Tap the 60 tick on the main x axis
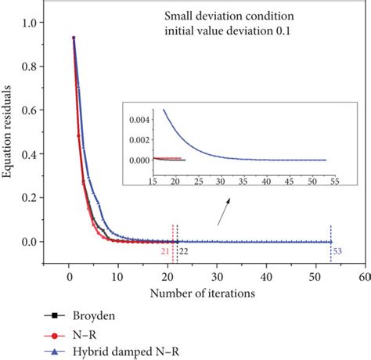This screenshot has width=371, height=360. coord(364,277)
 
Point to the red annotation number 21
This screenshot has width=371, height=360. coord(165,250)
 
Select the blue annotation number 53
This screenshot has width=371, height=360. coord(338,250)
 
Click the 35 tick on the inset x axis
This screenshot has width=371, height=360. coord(249,189)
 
